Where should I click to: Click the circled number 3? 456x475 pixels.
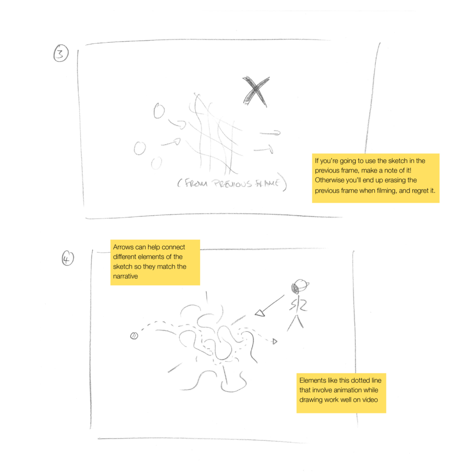61,53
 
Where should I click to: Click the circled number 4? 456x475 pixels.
68,258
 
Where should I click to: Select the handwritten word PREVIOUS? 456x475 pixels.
232,184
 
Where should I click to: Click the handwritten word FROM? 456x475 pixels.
196,183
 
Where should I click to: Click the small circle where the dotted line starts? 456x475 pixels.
134,336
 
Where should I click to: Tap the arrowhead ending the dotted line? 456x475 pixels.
275,342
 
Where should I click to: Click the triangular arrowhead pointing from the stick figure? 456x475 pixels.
260,313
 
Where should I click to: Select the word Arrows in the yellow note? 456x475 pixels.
123,247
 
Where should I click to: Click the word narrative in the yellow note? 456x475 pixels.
125,276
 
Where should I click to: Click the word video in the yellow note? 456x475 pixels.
370,400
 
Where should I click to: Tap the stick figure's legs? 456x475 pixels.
295,323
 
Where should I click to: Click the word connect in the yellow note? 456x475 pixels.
173,247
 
